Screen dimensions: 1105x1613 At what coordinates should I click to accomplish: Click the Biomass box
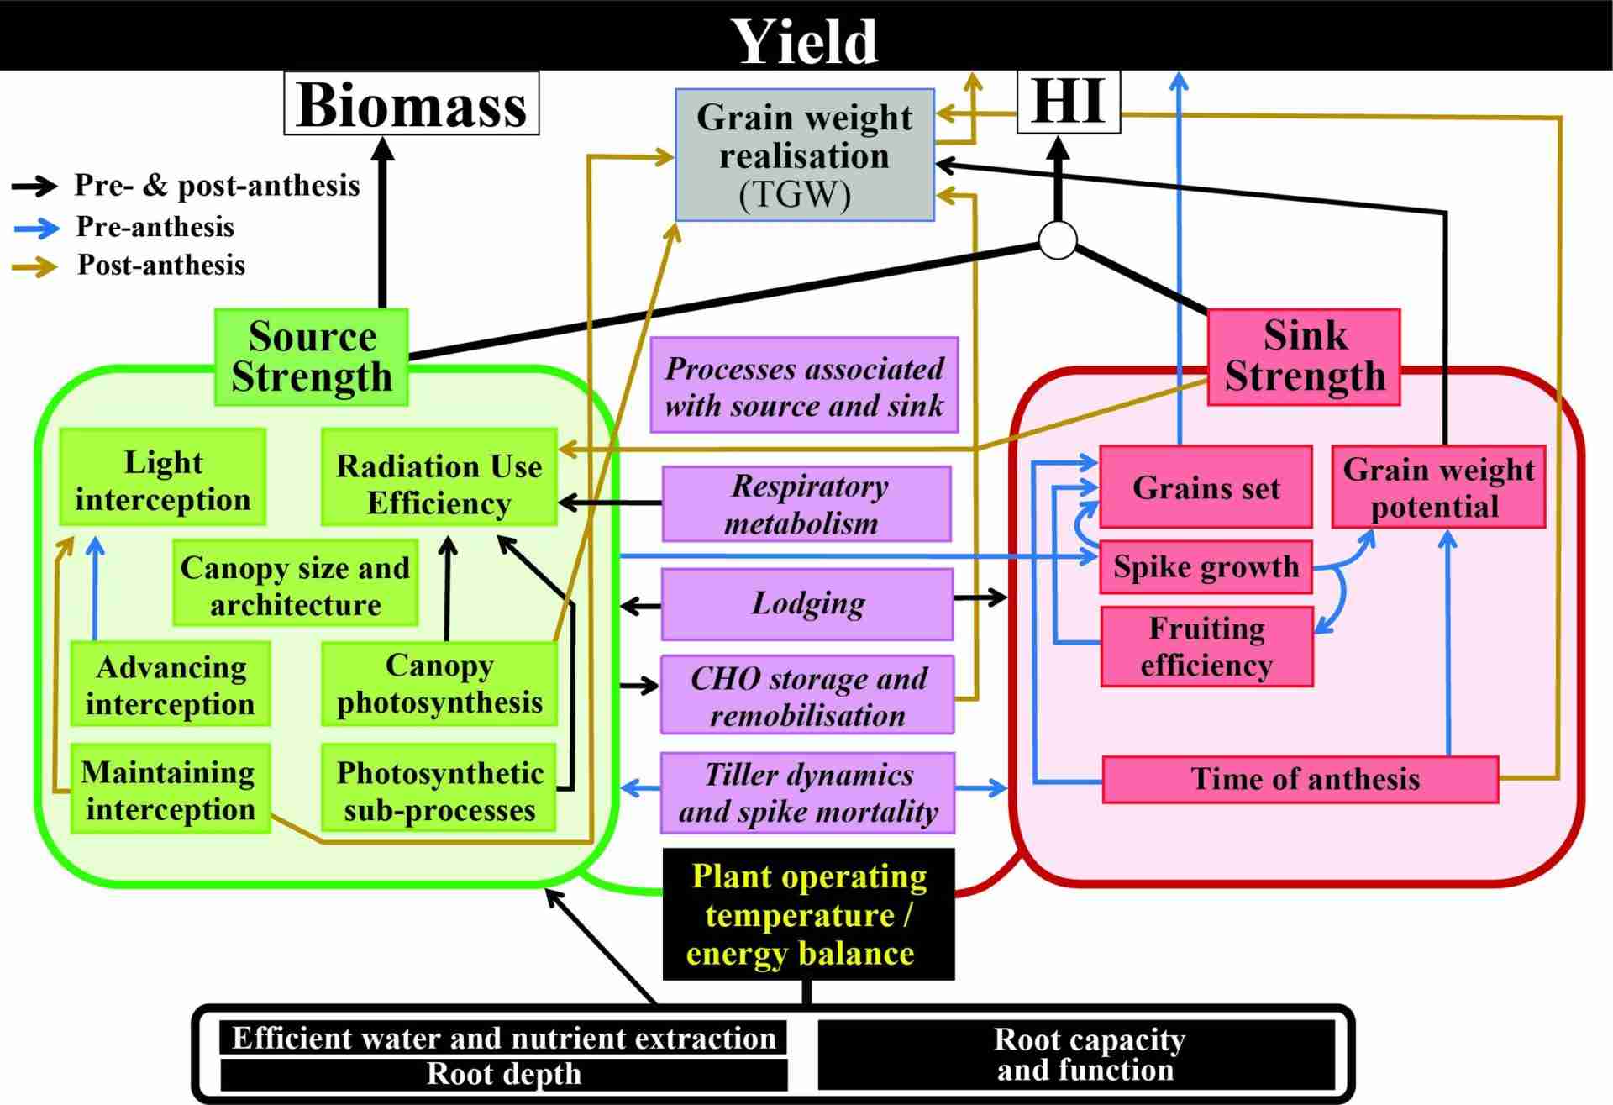point(411,104)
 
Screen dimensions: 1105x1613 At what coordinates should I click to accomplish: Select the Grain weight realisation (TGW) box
point(804,155)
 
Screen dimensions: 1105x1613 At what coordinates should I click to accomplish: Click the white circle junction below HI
point(1058,240)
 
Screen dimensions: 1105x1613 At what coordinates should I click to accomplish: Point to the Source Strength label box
point(312,357)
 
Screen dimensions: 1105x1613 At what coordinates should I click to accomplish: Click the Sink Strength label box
point(1304,356)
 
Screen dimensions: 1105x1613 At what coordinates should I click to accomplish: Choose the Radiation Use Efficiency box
point(439,484)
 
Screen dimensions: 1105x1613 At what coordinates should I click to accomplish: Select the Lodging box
point(807,603)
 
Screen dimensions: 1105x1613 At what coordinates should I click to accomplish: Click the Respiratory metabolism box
point(806,504)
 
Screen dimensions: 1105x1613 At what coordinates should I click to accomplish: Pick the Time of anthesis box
point(1300,779)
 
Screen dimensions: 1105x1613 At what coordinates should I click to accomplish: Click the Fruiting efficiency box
point(1206,646)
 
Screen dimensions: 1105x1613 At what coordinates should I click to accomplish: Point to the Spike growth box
point(1206,567)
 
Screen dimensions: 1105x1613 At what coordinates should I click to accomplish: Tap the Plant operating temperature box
point(808,914)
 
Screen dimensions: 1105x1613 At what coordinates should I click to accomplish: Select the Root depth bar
point(504,1074)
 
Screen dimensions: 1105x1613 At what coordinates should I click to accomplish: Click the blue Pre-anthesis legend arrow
point(36,227)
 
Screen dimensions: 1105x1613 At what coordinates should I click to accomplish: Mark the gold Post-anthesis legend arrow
point(36,266)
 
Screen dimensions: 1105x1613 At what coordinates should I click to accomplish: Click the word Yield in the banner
point(805,40)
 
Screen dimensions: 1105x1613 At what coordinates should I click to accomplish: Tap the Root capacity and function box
point(1089,1055)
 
